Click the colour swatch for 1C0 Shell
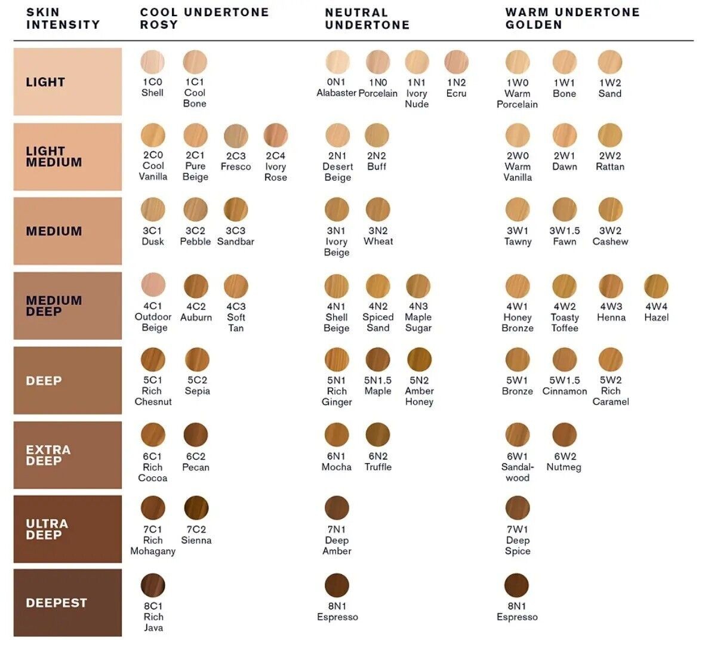(x=152, y=61)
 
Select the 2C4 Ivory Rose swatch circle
(x=276, y=135)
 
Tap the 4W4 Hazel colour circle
(x=656, y=286)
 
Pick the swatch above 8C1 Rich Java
(x=153, y=585)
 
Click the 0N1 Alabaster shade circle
(x=337, y=61)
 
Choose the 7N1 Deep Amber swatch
(x=337, y=508)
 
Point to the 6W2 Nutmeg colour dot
(x=564, y=435)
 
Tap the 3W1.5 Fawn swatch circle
(x=564, y=210)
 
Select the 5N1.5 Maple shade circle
(x=378, y=360)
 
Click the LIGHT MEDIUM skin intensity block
(x=67, y=156)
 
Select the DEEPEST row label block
(x=67, y=602)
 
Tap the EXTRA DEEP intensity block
(x=67, y=455)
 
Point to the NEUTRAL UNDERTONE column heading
(x=367, y=19)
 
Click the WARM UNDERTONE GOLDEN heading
(x=572, y=19)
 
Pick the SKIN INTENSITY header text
(x=63, y=19)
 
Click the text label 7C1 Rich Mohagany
(x=153, y=540)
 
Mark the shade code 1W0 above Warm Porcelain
(x=517, y=82)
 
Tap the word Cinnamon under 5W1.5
(x=565, y=391)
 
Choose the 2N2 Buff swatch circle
(x=377, y=135)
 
